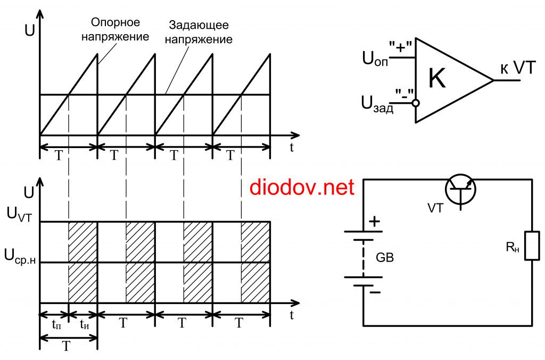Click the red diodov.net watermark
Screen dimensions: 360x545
[x=301, y=187]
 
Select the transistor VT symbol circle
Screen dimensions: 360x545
[x=460, y=190]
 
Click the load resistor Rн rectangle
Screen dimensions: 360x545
[x=532, y=246]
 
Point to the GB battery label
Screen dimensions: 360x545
[x=385, y=258]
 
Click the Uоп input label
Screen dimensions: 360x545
[x=375, y=58]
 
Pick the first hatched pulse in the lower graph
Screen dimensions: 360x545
[x=83, y=262]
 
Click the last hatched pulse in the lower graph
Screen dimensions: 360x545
[x=255, y=262]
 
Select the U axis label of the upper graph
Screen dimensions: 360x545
[x=30, y=29]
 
